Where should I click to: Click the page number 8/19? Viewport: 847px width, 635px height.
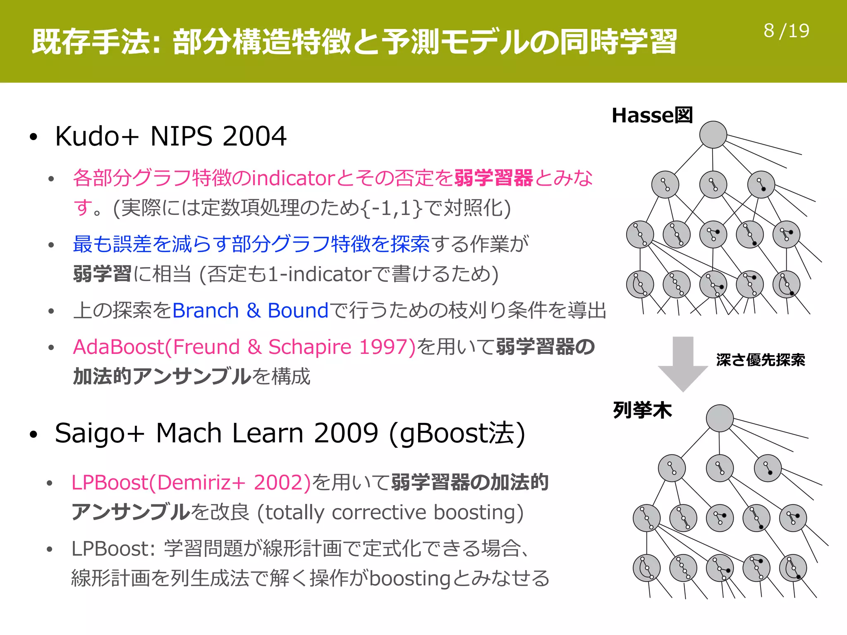point(786,31)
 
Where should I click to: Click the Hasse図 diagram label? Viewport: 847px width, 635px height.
point(652,115)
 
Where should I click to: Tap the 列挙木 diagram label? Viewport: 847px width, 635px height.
point(642,410)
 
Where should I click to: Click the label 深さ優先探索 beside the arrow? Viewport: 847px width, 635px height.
point(761,360)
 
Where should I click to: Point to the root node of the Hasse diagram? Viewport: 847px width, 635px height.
point(713,135)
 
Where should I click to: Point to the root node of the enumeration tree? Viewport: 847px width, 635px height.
point(720,418)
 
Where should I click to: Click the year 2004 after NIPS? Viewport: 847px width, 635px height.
point(254,136)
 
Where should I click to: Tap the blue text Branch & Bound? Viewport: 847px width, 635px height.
point(250,310)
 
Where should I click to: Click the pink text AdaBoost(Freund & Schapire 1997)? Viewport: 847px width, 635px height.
point(244,347)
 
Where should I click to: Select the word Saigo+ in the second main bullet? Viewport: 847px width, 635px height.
point(100,433)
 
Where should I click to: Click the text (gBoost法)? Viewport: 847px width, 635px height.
point(457,433)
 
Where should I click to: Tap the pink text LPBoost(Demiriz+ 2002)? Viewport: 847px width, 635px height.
point(191,482)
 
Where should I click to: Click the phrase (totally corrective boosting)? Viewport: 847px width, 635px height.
point(390,513)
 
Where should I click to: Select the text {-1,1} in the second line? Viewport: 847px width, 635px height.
point(392,208)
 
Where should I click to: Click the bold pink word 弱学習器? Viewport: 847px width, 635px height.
point(493,178)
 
